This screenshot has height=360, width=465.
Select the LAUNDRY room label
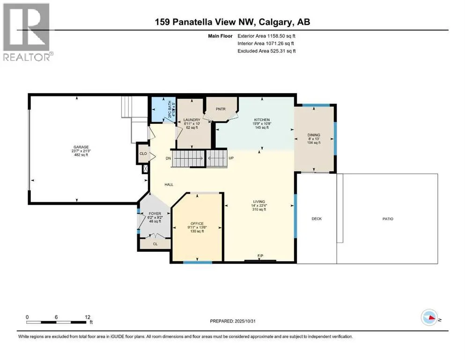pyautogui.click(x=192, y=120)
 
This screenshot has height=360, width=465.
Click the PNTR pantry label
pyautogui.click(x=221, y=108)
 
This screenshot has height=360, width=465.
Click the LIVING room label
pyautogui.click(x=258, y=202)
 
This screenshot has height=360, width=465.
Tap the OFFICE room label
pyautogui.click(x=197, y=223)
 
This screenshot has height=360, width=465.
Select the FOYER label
pyautogui.click(x=148, y=214)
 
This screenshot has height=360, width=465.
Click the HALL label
pyautogui.click(x=169, y=185)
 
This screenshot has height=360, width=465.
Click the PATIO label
pyautogui.click(x=387, y=219)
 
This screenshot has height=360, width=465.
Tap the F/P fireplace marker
pyautogui.click(x=260, y=255)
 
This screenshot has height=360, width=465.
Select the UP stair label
pyautogui.click(x=231, y=158)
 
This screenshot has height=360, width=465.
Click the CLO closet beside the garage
pyautogui.click(x=143, y=153)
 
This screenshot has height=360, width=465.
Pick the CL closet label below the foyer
pyautogui.click(x=155, y=244)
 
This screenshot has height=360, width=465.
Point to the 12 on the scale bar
pyautogui.click(x=85, y=317)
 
